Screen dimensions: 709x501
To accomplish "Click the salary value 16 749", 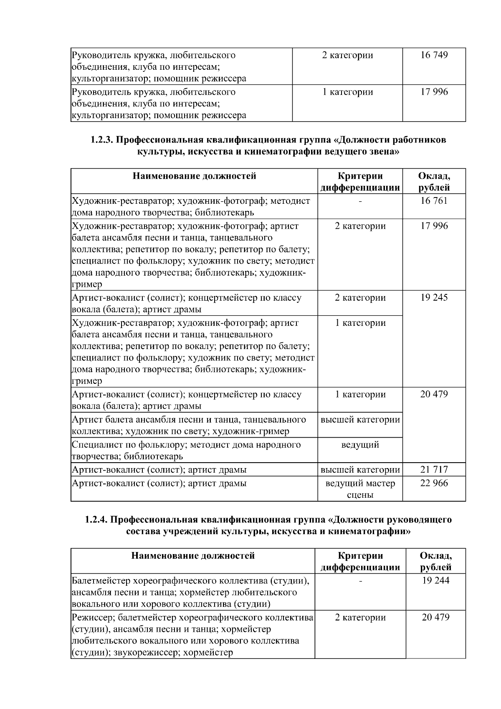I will coord(434,55).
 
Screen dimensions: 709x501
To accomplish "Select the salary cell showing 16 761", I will coord(434,201).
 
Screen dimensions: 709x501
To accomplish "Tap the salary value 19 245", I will coord(434,298).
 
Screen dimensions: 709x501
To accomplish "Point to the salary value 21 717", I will coord(434,470).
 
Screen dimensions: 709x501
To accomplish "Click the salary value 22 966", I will coord(434,483).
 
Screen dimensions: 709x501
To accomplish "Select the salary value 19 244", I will coord(435,580).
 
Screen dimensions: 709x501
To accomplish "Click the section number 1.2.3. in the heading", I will coord(101,140).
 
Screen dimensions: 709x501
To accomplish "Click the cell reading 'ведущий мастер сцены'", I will coord(360,489).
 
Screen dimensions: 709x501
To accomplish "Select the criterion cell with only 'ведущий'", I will coord(360,445).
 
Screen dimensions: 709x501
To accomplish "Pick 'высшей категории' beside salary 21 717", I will coord(360,470).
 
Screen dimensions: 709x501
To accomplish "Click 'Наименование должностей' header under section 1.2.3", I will coord(194,176).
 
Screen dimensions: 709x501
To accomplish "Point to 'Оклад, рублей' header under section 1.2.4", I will coord(435,562).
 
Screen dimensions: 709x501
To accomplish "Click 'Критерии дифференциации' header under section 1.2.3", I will coord(360,182).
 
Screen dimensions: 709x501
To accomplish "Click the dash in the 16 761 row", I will coord(360,201).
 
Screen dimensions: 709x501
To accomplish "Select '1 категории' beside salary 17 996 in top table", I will coord(347,92).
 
